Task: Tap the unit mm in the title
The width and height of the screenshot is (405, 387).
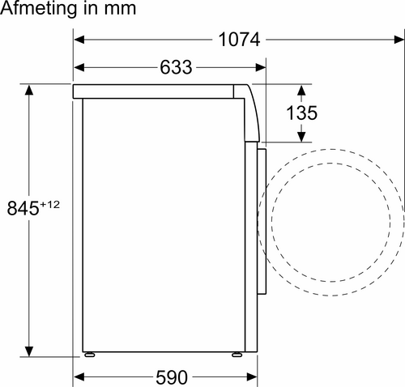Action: pyautogui.click(x=115, y=9)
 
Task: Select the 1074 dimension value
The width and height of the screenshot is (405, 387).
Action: pyautogui.click(x=241, y=38)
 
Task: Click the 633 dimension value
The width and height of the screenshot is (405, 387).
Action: pyautogui.click(x=176, y=68)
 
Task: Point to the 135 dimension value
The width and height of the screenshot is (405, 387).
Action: pyautogui.click(x=301, y=113)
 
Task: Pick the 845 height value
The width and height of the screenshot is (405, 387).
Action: pyautogui.click(x=23, y=208)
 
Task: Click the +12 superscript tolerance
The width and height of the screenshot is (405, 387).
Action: pyautogui.click(x=51, y=203)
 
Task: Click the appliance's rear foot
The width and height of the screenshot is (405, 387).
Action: pyautogui.click(x=88, y=353)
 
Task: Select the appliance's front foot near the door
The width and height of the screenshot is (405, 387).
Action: pyautogui.click(x=236, y=353)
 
